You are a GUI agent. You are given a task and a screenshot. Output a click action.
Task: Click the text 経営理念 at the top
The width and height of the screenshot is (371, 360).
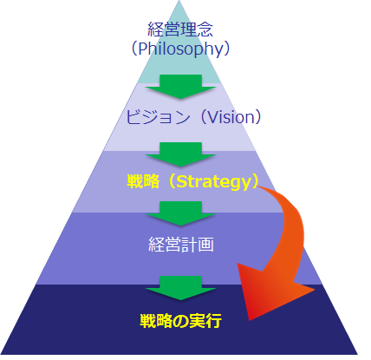180,29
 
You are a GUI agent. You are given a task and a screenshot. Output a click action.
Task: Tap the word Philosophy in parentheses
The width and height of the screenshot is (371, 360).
181,49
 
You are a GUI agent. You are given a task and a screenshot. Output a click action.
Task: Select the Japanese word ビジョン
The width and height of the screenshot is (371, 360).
159,117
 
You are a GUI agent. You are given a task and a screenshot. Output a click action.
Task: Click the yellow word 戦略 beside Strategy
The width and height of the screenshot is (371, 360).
143,181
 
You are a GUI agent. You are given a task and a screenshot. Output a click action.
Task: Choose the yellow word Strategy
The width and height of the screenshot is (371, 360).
213,182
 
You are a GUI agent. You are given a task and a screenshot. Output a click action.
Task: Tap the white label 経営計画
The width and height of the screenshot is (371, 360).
181,244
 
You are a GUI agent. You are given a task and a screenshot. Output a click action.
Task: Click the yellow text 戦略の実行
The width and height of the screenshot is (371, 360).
181,320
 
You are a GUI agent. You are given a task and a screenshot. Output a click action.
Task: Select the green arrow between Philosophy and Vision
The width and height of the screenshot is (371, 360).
180,87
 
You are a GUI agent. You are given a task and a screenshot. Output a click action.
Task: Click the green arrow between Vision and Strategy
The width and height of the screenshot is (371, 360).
180,154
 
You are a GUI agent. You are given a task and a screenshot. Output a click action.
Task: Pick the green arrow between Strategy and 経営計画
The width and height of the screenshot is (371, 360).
180,213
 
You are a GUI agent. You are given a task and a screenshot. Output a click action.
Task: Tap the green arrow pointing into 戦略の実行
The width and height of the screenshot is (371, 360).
180,288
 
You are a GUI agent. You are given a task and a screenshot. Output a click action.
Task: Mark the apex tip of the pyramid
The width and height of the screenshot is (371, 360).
179,1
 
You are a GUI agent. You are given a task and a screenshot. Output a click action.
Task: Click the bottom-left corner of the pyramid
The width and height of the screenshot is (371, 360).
1,354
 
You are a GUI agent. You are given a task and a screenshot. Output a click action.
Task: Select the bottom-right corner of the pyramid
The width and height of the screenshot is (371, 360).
358,354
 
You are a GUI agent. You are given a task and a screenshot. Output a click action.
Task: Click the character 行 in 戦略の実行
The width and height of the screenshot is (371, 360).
214,320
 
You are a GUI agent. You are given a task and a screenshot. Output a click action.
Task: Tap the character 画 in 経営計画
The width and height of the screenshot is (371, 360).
206,244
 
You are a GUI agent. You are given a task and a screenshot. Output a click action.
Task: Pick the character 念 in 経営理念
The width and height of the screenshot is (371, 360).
205,29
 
